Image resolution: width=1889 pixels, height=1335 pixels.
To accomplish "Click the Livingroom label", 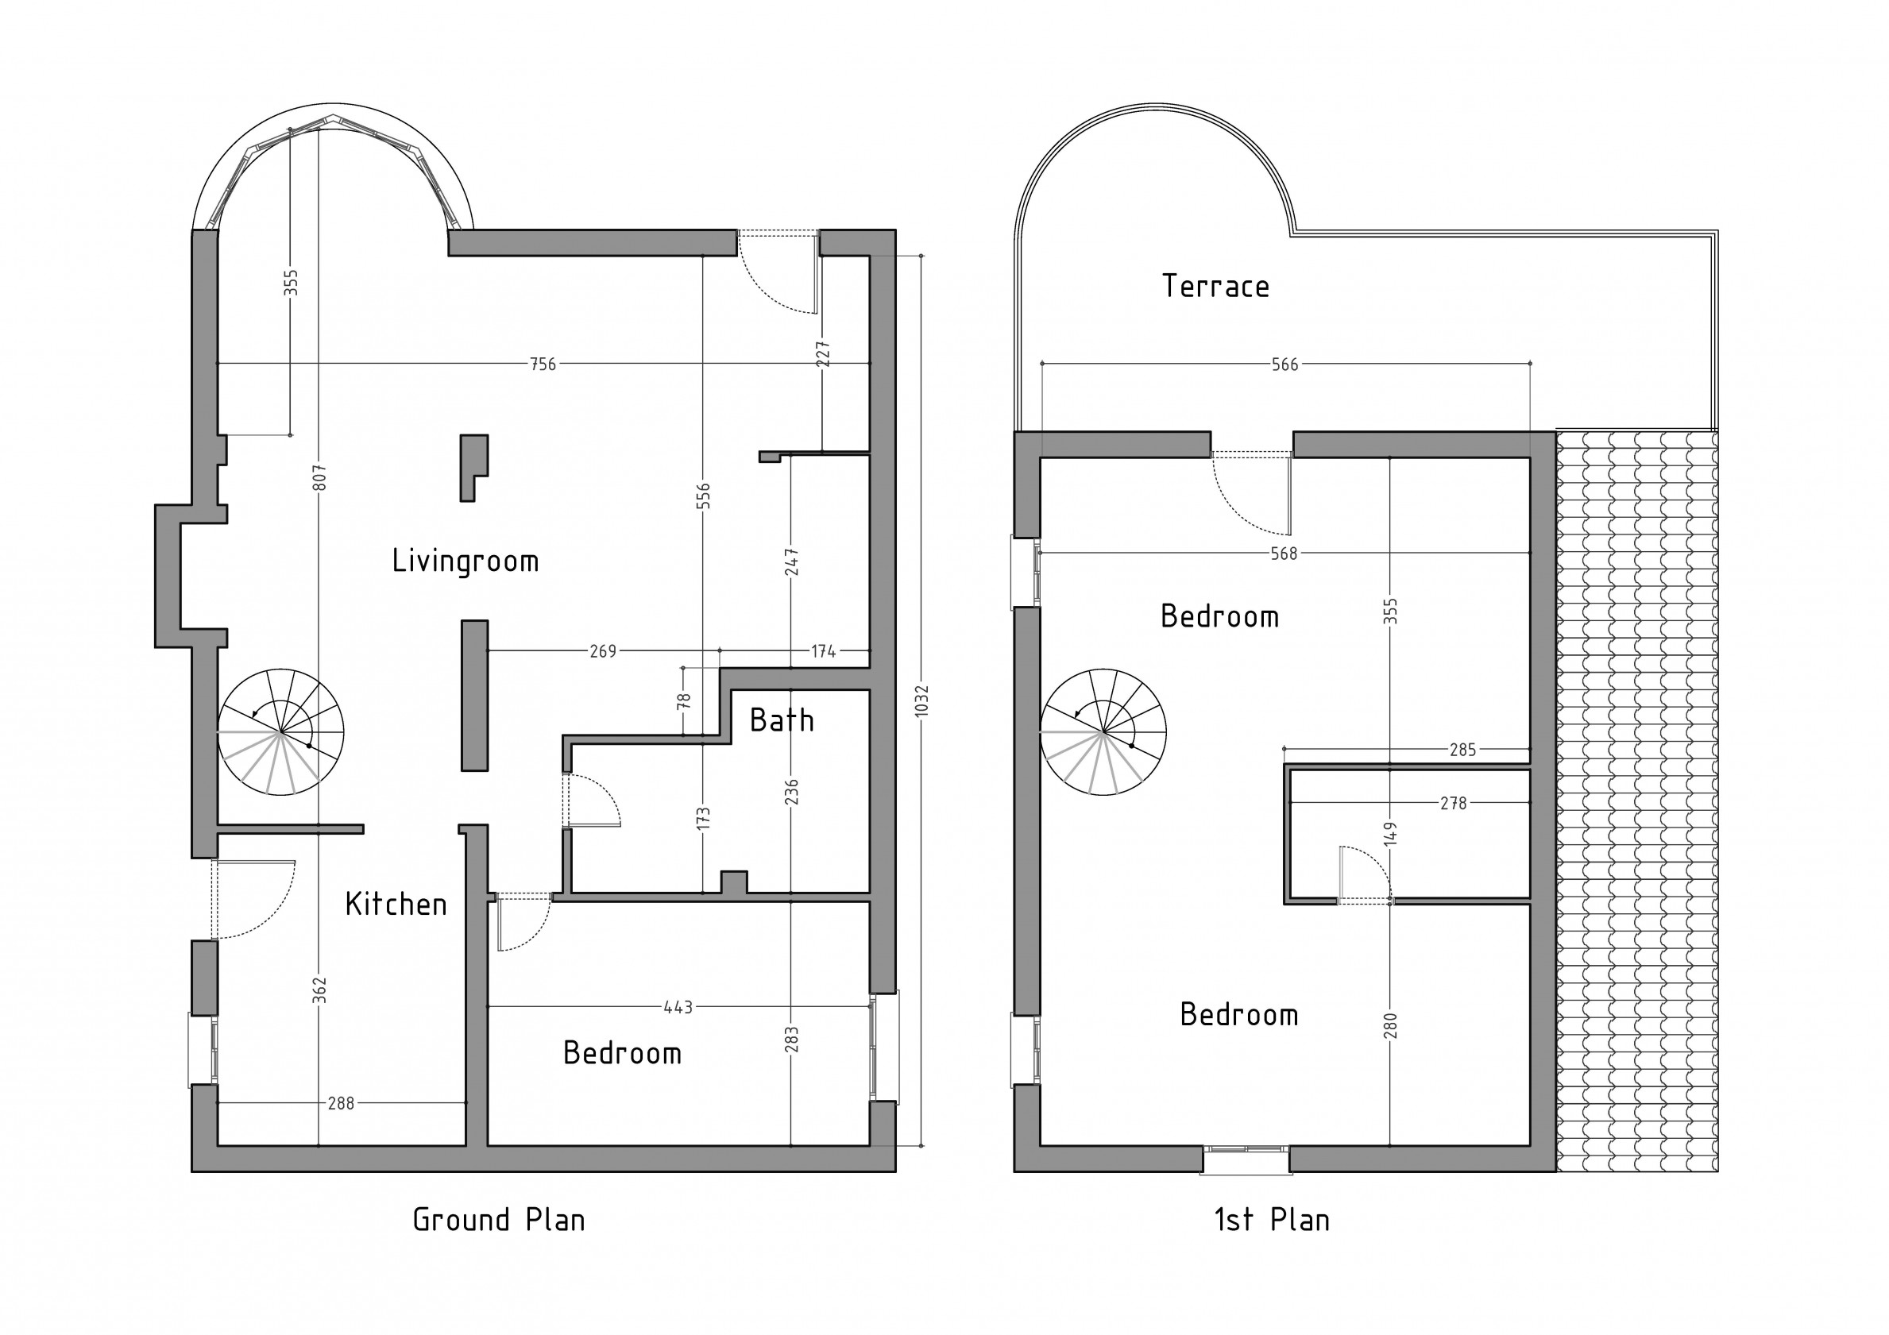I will (465, 561).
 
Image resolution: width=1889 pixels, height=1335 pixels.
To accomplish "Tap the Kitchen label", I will (396, 905).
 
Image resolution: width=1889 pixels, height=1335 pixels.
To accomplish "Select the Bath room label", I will (782, 721).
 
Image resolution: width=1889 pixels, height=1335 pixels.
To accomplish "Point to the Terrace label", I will (1215, 286).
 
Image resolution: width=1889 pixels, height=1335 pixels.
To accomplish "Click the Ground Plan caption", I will (499, 1220).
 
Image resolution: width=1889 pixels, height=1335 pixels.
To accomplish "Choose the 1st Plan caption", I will (1272, 1220).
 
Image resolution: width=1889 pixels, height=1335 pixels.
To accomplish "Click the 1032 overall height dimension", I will (921, 700).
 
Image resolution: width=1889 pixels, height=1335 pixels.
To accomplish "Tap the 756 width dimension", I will (543, 364).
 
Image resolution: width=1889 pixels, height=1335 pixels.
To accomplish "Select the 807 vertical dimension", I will (320, 478).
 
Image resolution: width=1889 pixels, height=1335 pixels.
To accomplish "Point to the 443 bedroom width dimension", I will (678, 1007).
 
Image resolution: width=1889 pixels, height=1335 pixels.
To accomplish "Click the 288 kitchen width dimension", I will (341, 1103).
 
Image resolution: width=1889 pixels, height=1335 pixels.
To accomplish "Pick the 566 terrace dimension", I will (1285, 365).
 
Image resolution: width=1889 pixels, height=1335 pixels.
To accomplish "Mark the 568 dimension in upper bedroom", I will (1284, 554).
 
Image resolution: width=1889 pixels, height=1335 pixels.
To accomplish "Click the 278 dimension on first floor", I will (1454, 803).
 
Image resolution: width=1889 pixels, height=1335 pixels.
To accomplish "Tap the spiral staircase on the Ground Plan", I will (280, 732).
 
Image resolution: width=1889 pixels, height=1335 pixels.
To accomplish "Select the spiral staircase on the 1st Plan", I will (1103, 732).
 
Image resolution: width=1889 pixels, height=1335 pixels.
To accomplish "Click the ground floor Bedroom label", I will (622, 1054).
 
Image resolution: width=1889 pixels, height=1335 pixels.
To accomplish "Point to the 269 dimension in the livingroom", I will (602, 651).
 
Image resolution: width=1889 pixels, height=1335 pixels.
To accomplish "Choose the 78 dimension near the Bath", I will (684, 700).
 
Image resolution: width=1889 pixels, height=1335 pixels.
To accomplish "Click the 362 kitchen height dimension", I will (320, 990).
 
